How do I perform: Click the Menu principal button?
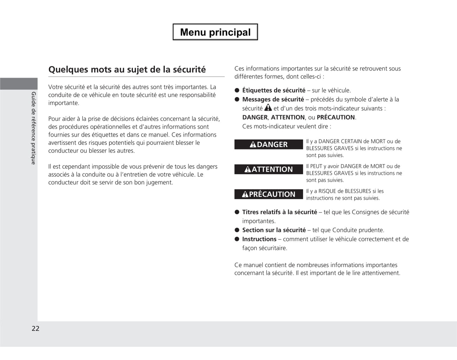pyautogui.click(x=215, y=32)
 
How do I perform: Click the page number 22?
pyautogui.click(x=35, y=328)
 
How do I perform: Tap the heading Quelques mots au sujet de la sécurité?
pyautogui.click(x=127, y=70)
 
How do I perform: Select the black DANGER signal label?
pyautogui.click(x=269, y=144)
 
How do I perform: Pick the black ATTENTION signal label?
pyautogui.click(x=269, y=169)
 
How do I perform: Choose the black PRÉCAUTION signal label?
pyautogui.click(x=269, y=194)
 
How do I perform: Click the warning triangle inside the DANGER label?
pyautogui.click(x=253, y=145)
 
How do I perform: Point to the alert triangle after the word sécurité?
pyautogui.click(x=268, y=108)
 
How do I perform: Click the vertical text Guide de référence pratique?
pyautogui.click(x=34, y=128)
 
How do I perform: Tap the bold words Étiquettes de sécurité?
pyautogui.click(x=274, y=90)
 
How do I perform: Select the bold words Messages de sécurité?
pyautogui.click(x=273, y=99)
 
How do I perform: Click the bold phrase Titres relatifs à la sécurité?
pyautogui.click(x=280, y=212)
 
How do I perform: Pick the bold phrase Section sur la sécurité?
pyautogui.click(x=274, y=230)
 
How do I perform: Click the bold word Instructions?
pyautogui.click(x=259, y=239)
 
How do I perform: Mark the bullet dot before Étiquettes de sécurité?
pyautogui.click(x=237, y=90)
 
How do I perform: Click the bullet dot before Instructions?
pyautogui.click(x=237, y=239)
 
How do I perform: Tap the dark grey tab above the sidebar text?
pyautogui.click(x=19, y=84)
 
